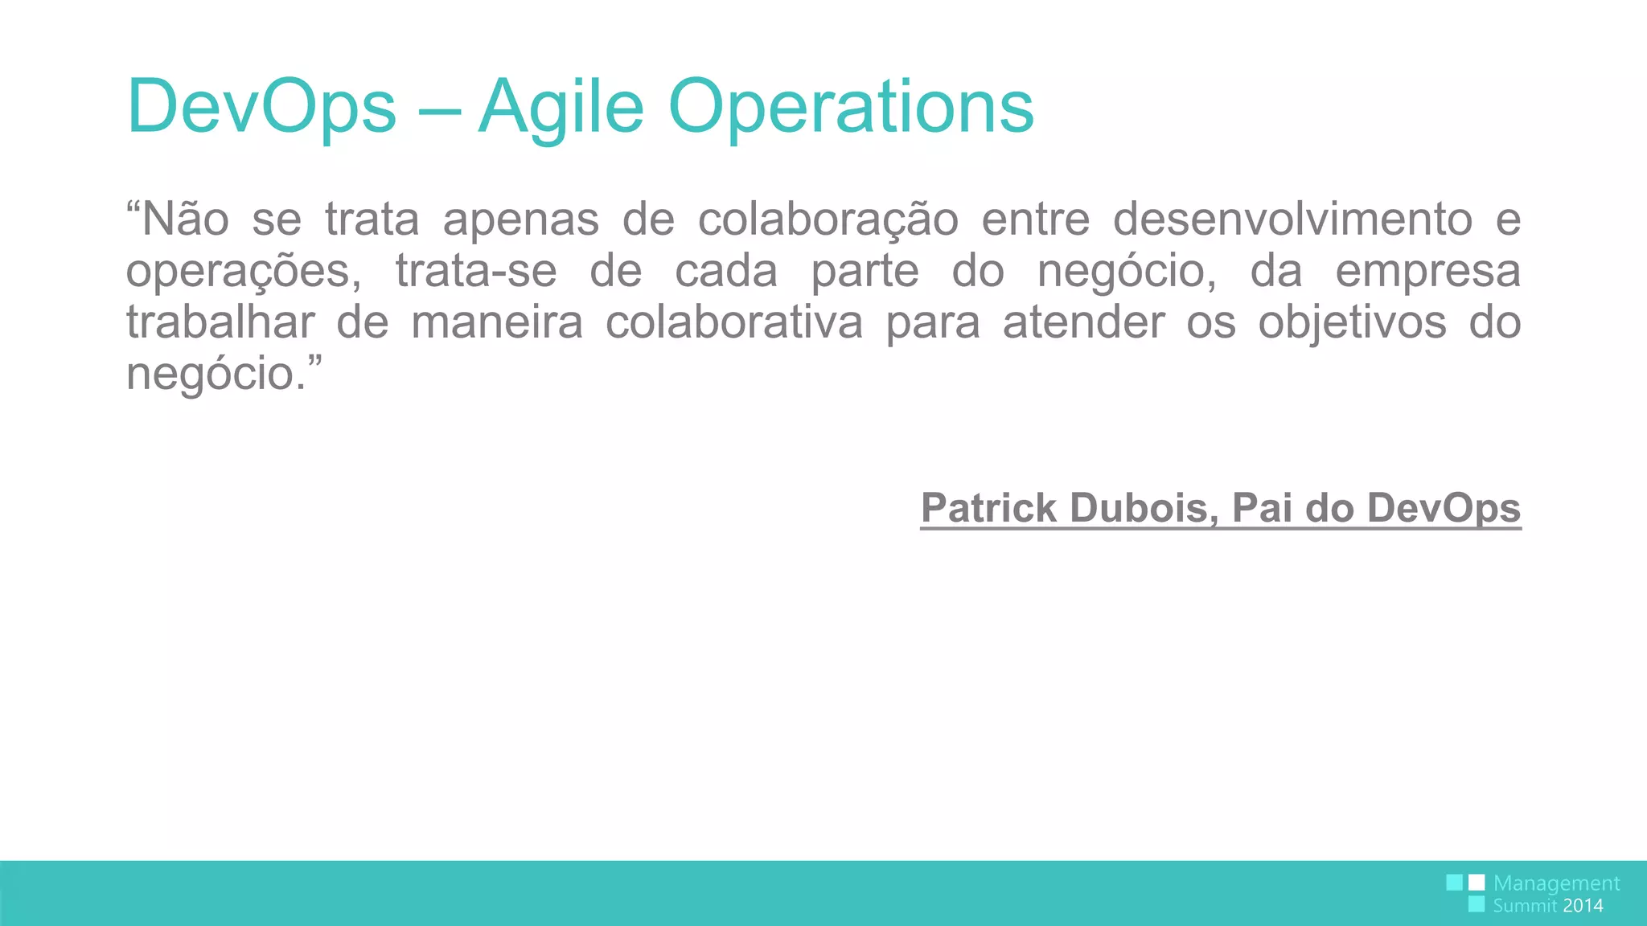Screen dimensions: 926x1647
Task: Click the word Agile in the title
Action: (x=561, y=107)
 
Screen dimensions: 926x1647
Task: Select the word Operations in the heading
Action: (x=851, y=107)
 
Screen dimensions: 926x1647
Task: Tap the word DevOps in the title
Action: (x=261, y=107)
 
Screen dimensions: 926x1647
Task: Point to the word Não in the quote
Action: (x=185, y=219)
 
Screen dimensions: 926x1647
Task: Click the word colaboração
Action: (x=828, y=219)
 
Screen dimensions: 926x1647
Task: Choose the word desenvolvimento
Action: (x=1292, y=219)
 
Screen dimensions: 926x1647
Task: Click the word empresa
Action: (x=1427, y=271)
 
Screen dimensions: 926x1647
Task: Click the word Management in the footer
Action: (x=1556, y=883)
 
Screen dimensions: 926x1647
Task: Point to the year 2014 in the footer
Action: (x=1583, y=906)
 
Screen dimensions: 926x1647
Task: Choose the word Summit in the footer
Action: (x=1525, y=906)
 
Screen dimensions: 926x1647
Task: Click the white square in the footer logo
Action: (x=1477, y=883)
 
